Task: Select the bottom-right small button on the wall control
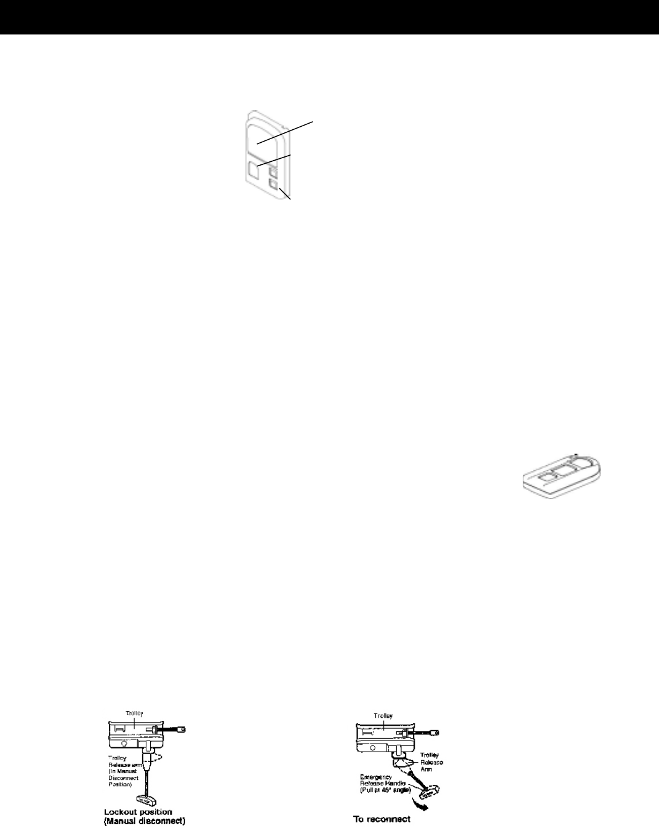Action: (x=274, y=183)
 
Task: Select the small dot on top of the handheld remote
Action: (x=575, y=455)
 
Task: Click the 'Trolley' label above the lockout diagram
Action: (x=134, y=713)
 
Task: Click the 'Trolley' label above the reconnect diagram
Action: (x=383, y=716)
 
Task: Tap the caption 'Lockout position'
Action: (x=138, y=813)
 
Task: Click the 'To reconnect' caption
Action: (x=381, y=819)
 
